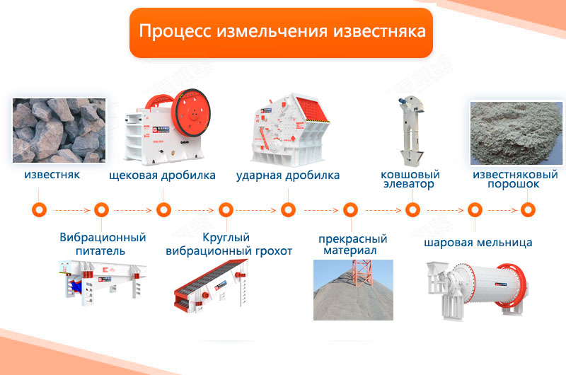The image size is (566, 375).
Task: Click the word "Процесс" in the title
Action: (x=175, y=31)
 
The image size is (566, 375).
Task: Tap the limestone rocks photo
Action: (x=59, y=130)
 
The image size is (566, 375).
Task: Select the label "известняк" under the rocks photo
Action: (x=52, y=175)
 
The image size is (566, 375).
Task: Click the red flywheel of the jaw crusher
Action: (x=191, y=112)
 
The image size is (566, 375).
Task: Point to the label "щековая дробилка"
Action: (x=162, y=175)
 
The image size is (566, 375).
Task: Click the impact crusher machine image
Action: (x=290, y=129)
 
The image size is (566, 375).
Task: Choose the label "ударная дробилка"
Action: (x=288, y=175)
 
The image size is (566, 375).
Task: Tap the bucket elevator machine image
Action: (x=411, y=131)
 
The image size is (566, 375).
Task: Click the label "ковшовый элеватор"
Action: (x=410, y=180)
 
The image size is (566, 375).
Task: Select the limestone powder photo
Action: (x=516, y=133)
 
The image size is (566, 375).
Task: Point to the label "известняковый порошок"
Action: (x=515, y=180)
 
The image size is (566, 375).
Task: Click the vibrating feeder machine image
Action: (x=103, y=282)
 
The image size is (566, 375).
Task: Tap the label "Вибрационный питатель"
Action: (x=103, y=244)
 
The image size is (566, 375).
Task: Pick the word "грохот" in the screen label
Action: (x=274, y=251)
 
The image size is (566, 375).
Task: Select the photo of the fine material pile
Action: (x=353, y=290)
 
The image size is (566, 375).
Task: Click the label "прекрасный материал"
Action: (x=352, y=244)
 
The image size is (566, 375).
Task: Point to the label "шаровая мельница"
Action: (x=478, y=243)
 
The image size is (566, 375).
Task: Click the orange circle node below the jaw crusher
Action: (x=163, y=209)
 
